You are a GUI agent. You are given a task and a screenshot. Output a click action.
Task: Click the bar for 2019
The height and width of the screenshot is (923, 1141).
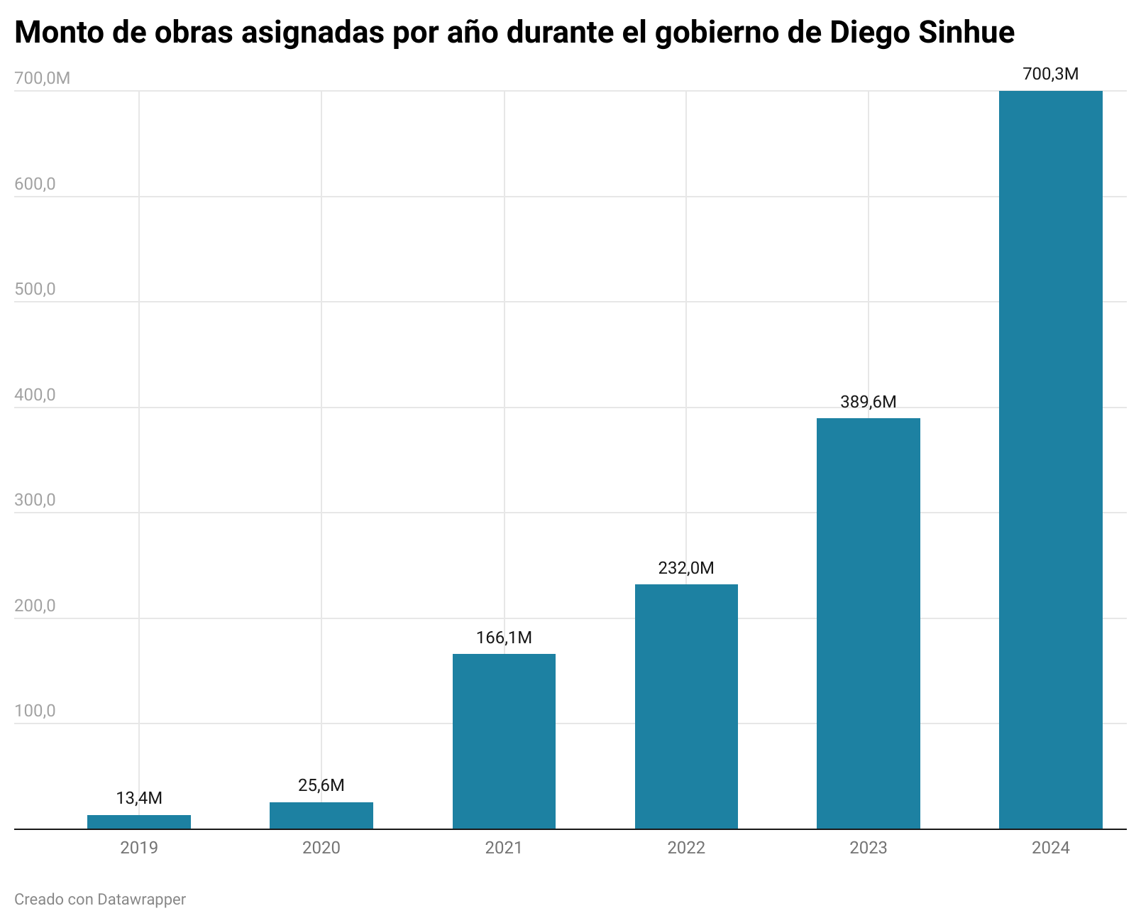point(139,821)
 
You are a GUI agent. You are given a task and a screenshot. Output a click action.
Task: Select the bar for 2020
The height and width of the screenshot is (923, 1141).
point(321,815)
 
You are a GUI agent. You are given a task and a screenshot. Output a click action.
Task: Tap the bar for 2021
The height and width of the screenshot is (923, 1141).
point(504,741)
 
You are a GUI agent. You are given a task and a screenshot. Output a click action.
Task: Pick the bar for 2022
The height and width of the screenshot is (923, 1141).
point(686,706)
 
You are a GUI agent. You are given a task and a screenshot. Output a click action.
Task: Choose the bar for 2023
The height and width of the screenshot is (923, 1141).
point(869,623)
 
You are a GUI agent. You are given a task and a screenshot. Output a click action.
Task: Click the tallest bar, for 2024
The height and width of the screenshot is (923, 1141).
point(1050,459)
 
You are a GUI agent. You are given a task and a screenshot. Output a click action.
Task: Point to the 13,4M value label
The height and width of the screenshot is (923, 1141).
point(139,798)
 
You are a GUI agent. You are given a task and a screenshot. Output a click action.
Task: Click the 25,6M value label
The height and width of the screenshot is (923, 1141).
point(321,785)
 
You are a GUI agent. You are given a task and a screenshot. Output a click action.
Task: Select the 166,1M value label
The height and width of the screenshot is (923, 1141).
point(504,638)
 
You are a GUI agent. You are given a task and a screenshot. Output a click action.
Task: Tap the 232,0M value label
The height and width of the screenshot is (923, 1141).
point(686,568)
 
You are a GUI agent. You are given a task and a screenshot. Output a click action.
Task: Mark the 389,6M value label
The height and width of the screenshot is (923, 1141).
point(869,402)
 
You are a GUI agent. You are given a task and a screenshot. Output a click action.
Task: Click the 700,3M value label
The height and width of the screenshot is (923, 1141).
point(1050,74)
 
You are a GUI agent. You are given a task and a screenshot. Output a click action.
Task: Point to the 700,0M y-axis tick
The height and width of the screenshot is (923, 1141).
point(42,78)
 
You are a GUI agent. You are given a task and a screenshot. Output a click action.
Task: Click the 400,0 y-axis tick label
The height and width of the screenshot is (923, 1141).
point(35,395)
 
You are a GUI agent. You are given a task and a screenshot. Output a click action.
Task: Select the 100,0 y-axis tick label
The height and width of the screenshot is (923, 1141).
point(35,711)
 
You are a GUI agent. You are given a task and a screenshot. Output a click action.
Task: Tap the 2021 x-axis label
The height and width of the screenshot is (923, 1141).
point(504,848)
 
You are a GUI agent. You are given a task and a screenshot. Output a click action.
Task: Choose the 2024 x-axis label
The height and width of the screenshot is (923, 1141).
point(1050,848)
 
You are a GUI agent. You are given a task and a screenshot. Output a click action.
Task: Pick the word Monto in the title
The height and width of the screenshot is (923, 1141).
point(57,33)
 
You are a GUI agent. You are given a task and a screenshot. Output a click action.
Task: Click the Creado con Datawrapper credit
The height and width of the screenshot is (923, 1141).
point(100,900)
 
